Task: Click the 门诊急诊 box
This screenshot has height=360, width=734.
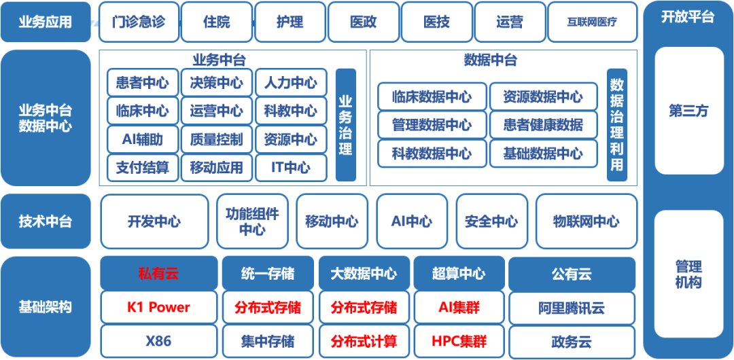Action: pyautogui.click(x=139, y=22)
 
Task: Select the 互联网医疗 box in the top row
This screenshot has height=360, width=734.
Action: pyautogui.click(x=592, y=22)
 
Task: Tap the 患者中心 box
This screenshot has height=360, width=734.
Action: pyautogui.click(x=142, y=83)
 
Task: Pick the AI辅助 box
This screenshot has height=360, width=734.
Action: pyautogui.click(x=142, y=139)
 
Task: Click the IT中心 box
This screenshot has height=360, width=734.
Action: pyautogui.click(x=291, y=168)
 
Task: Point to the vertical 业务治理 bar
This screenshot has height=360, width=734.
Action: pyautogui.click(x=345, y=125)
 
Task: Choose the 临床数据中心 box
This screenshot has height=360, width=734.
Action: pyautogui.click(x=432, y=96)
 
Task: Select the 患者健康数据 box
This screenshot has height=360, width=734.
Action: pyautogui.click(x=543, y=125)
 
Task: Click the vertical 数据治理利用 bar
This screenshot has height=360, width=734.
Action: pyautogui.click(x=616, y=125)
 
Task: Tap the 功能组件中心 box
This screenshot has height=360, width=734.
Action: pyautogui.click(x=252, y=221)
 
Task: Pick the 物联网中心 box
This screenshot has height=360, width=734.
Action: pyautogui.click(x=587, y=221)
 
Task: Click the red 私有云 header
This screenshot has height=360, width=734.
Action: pyautogui.click(x=158, y=274)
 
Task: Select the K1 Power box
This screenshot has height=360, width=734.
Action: pyautogui.click(x=158, y=307)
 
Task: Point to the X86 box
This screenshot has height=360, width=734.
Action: pyautogui.click(x=158, y=341)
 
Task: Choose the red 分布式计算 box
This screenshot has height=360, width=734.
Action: pyautogui.click(x=364, y=341)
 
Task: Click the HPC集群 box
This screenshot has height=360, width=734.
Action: pyautogui.click(x=459, y=341)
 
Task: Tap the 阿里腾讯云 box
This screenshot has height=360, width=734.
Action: pyautogui.click(x=572, y=307)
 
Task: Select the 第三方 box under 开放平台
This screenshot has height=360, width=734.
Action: pyautogui.click(x=688, y=111)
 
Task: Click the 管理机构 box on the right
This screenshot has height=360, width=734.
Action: pyautogui.click(x=688, y=274)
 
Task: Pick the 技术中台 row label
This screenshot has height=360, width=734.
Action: pyautogui.click(x=46, y=221)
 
